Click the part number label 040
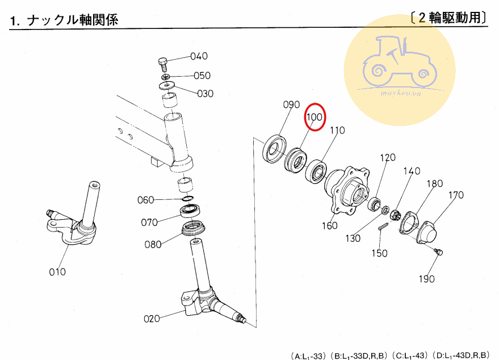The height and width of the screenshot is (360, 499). [x=199, y=56]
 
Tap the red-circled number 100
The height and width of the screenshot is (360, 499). [x=315, y=117]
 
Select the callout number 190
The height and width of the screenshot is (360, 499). [x=426, y=279]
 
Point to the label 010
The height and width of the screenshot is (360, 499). [x=57, y=272]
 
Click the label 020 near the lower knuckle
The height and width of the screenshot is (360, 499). [x=152, y=319]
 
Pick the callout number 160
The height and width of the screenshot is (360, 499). [x=329, y=225]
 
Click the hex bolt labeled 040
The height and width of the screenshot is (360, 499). [x=162, y=65]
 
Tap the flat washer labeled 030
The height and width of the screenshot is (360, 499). [x=166, y=85]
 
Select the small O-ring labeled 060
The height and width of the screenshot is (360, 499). [x=188, y=199]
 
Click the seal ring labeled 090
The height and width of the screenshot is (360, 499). [x=275, y=149]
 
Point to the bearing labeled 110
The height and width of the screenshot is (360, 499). [x=316, y=171]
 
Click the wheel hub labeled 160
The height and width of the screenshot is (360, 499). [x=347, y=190]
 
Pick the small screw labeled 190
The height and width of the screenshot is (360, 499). [x=438, y=252]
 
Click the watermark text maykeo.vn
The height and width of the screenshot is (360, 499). [x=401, y=93]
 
